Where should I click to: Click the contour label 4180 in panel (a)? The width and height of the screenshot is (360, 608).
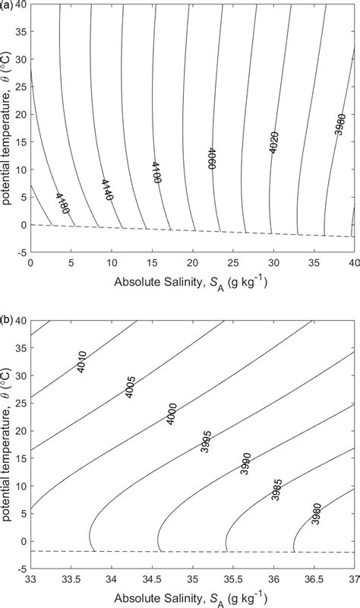(62, 204)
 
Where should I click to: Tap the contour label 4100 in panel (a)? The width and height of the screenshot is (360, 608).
(156, 173)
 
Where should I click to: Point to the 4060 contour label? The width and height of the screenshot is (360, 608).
(212, 157)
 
